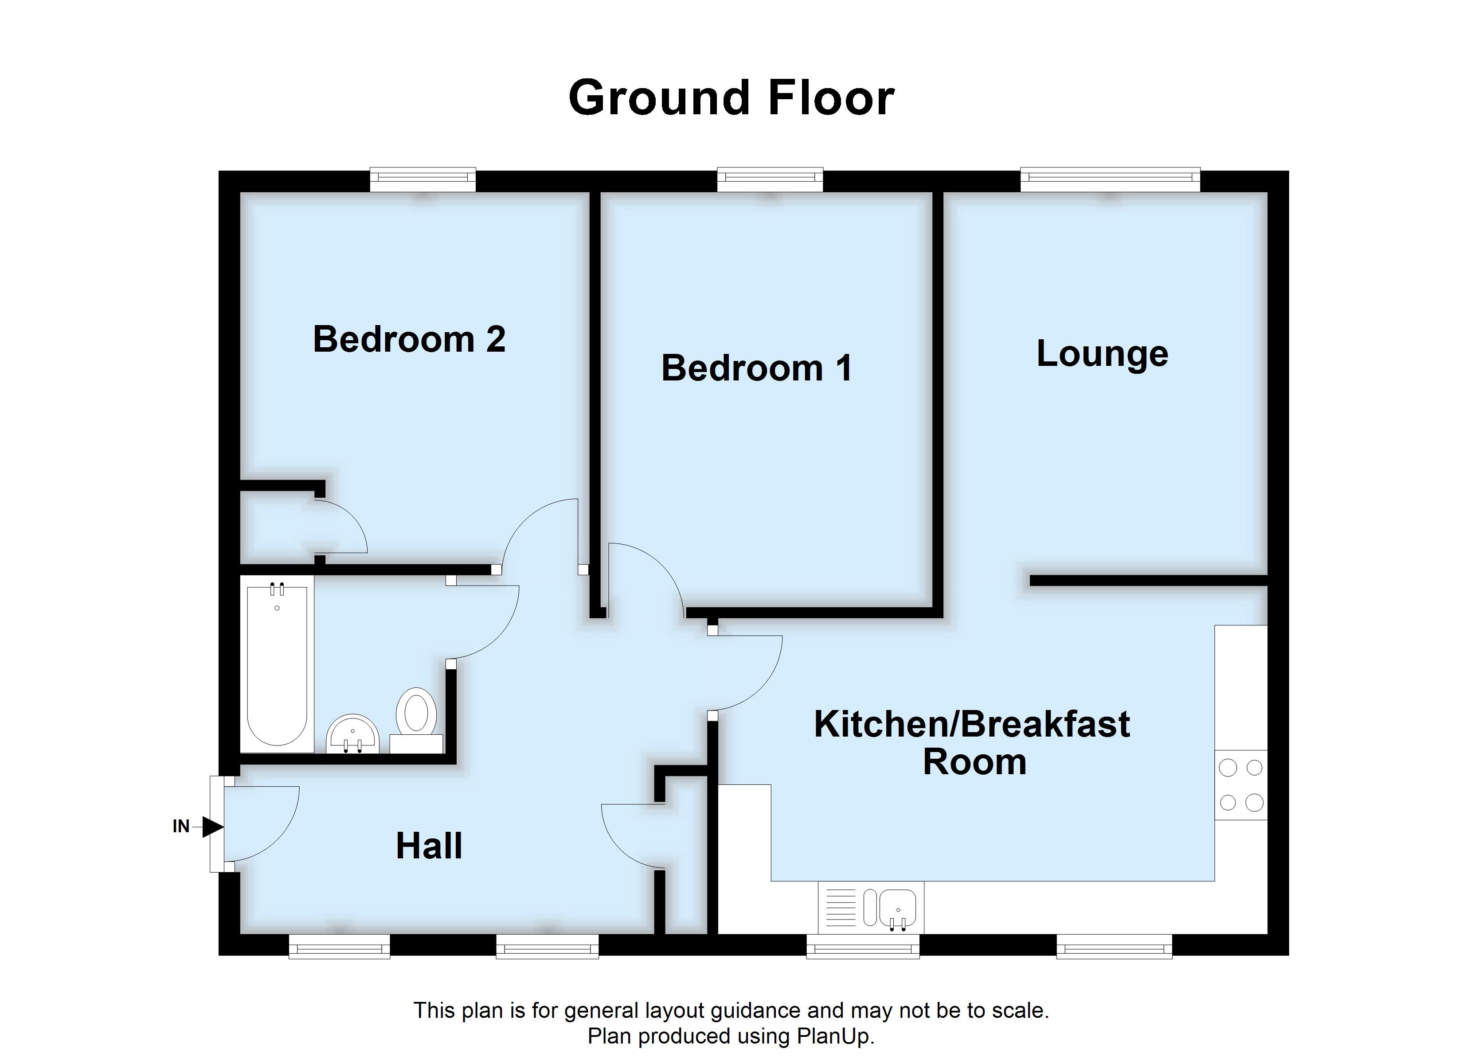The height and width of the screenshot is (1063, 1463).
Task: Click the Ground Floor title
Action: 731,98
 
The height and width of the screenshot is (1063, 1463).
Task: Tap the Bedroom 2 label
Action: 408,339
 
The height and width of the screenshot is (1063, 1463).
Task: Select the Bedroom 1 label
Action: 757,368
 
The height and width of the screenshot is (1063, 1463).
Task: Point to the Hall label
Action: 429,846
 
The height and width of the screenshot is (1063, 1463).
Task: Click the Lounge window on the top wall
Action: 1110,180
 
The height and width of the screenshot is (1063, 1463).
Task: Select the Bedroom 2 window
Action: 422,180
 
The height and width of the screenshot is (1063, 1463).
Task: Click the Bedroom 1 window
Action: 770,180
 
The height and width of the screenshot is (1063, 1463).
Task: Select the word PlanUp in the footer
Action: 835,1036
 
